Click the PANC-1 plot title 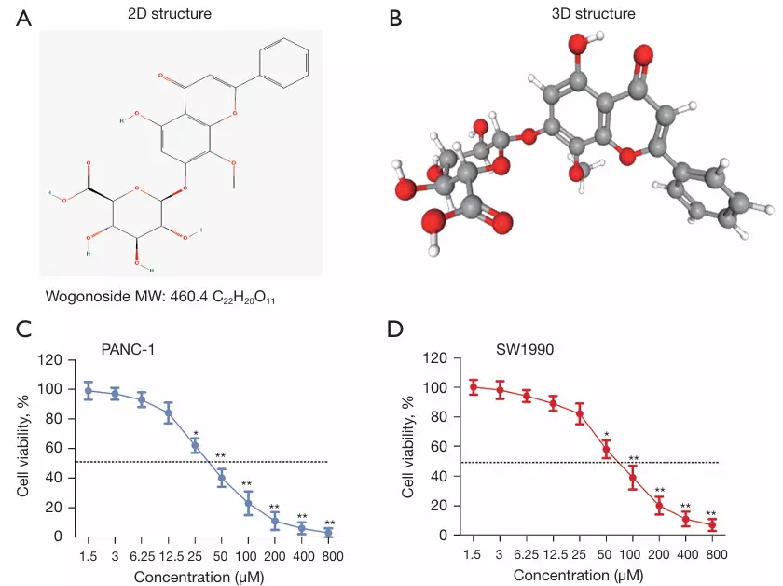coord(129,349)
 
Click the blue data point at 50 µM coord(222,479)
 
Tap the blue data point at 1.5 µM coord(89,391)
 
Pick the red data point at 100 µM coord(632,478)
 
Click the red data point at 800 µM coord(712,525)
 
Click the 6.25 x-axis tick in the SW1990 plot coord(527,552)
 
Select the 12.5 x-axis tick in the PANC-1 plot coord(169,552)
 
